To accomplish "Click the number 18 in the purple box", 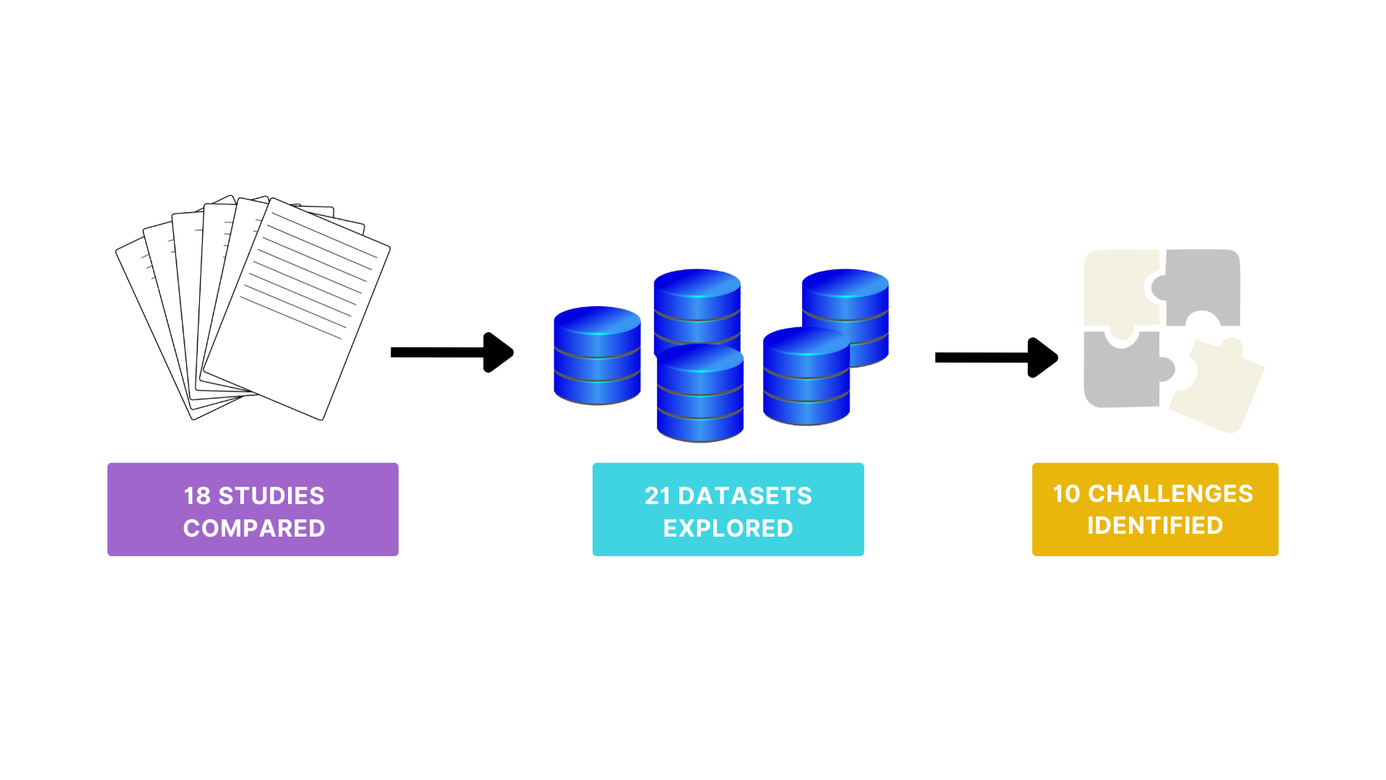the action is coord(197,496).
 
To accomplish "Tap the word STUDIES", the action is coord(271,496).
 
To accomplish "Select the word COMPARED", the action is coord(254,529).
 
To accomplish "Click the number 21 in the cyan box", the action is coord(658,496).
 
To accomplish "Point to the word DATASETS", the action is coord(745,496).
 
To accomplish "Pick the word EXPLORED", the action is coord(728,529).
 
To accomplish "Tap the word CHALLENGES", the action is coord(1171,494).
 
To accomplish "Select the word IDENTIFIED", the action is coord(1155,526).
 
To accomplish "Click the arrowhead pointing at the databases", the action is coord(498,352).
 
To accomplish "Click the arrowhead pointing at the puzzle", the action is coord(1042,357).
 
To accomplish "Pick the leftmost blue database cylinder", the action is coord(597,355).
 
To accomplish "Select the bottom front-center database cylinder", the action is coord(700,393).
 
